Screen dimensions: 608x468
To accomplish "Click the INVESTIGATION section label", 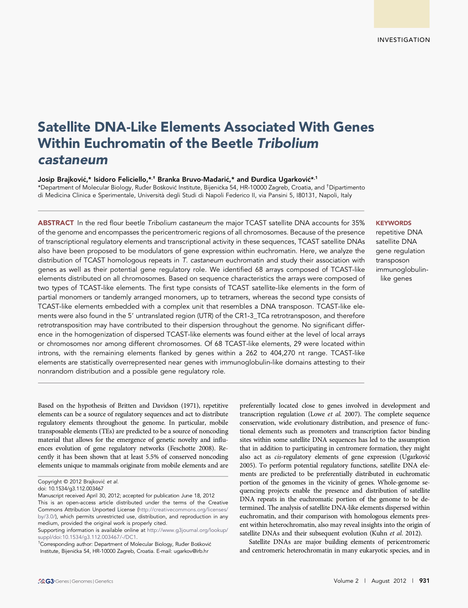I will coord(404,40).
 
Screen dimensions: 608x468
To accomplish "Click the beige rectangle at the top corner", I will coord(402,14).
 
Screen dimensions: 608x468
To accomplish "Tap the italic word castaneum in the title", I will coord(73,160).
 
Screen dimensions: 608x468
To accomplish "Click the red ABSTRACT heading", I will coord(56,223).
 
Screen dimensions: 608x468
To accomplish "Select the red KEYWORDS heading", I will coord(393,223).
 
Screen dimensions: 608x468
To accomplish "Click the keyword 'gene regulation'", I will coord(400,251).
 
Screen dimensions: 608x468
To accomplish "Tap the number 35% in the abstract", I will coord(358,223).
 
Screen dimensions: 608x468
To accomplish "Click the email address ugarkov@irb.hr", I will coord(191,551).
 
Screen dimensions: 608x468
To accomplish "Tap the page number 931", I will coord(425,581).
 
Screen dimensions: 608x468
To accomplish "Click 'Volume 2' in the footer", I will coord(346,581).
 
